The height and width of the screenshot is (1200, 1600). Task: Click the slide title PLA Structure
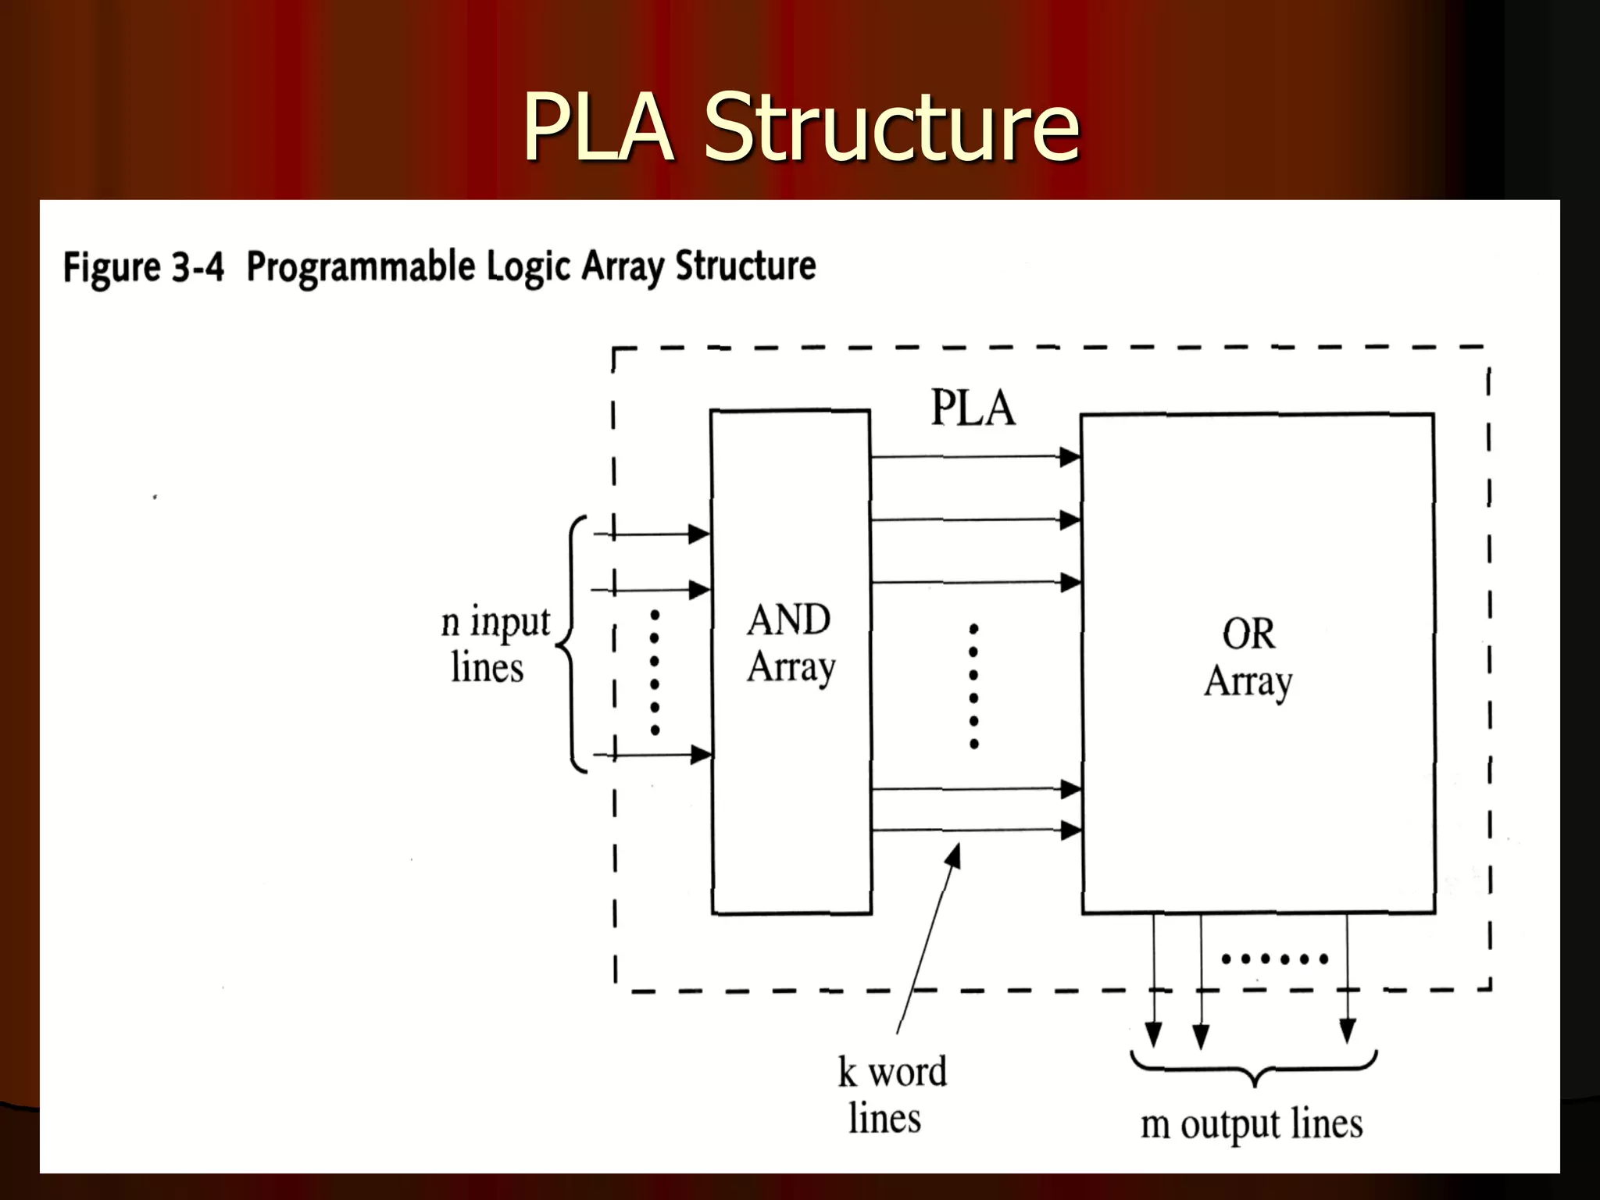(801, 127)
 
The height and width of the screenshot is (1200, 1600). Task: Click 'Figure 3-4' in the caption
(144, 267)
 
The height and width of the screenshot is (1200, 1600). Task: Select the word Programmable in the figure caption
(361, 267)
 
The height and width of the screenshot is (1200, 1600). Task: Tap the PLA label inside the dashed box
(973, 409)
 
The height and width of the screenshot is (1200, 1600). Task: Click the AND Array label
(791, 643)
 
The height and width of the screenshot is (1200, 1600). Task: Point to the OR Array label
(1248, 657)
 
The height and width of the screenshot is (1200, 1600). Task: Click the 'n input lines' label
(495, 645)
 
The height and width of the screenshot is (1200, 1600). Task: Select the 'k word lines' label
(891, 1095)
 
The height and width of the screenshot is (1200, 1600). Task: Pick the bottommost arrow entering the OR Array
(977, 830)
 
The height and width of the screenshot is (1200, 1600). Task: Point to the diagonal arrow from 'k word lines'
(929, 937)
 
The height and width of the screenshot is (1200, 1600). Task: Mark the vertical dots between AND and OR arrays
(974, 686)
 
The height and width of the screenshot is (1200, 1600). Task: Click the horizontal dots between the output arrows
(1274, 959)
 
